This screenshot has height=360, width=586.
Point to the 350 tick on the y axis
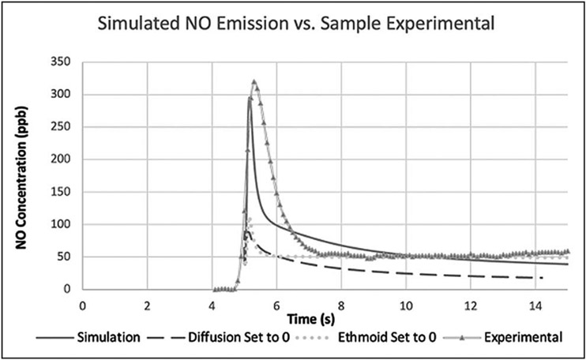click(x=60, y=62)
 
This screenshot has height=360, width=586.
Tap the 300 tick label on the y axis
click(x=60, y=95)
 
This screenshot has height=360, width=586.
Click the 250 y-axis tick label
click(x=60, y=127)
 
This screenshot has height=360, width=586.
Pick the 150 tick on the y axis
click(x=60, y=192)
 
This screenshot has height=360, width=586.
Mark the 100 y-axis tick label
click(x=60, y=225)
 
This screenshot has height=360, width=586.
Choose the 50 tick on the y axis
click(x=63, y=257)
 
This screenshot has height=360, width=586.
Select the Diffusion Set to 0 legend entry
click(x=237, y=338)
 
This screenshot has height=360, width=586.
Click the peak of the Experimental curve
click(x=254, y=81)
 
